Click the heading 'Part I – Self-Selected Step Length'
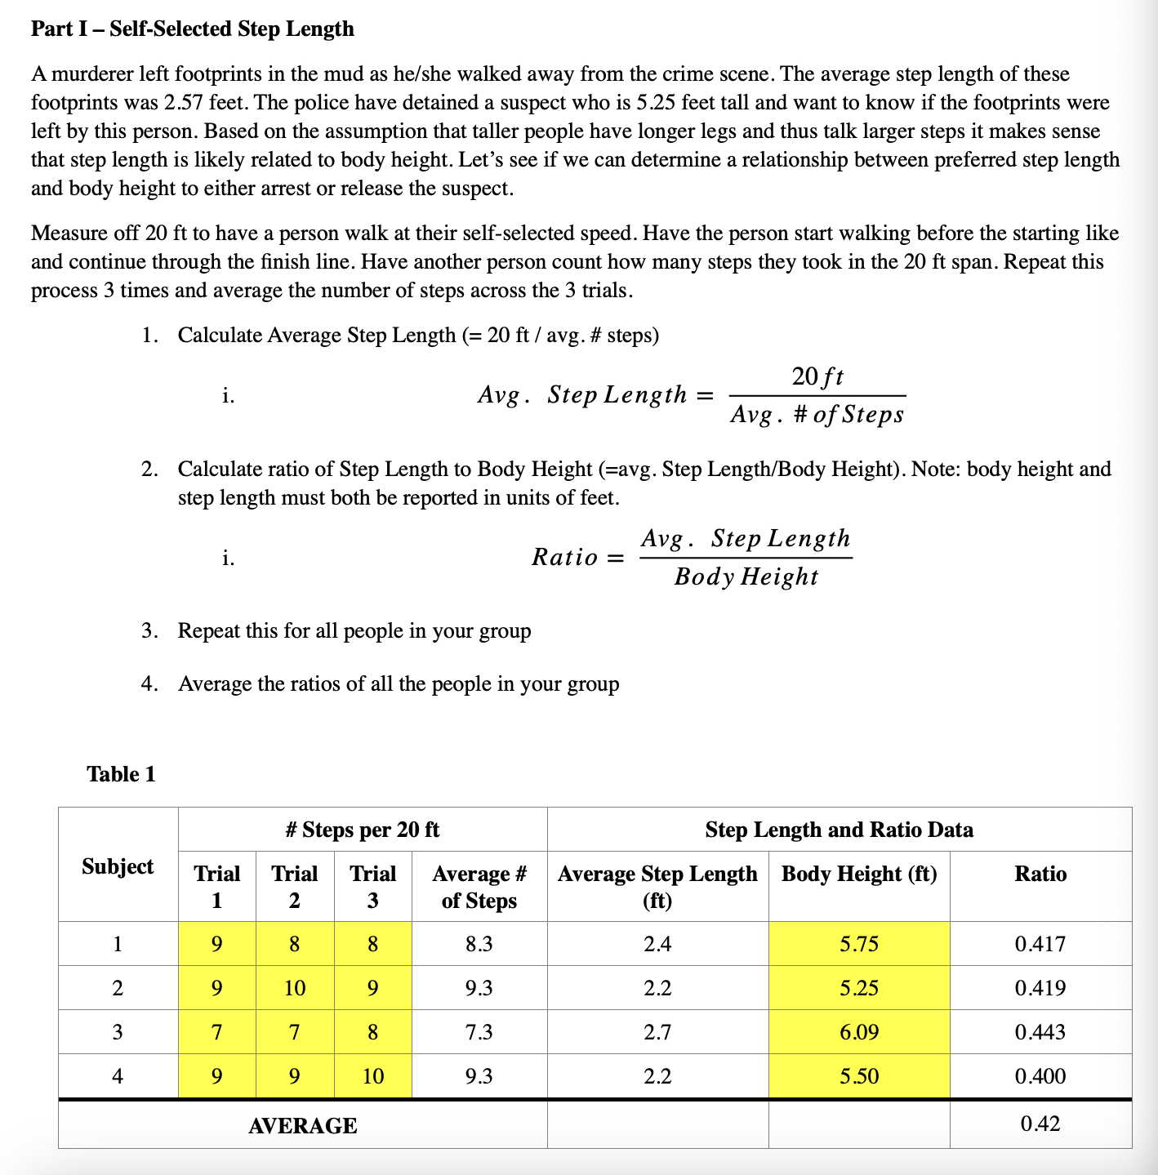coord(193,29)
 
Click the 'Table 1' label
coord(121,774)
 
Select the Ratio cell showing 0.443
coord(1040,1032)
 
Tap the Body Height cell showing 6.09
coord(859,1032)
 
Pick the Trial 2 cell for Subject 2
coord(294,988)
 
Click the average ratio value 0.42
coord(1040,1124)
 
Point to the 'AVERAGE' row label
coord(302,1126)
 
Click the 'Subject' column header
coord(118,866)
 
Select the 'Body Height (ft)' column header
coord(859,874)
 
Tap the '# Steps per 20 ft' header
coord(362,830)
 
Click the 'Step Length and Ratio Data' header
coord(839,830)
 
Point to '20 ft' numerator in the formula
coord(817,376)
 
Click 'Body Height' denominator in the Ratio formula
coord(746,576)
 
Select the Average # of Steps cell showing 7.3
coord(479,1032)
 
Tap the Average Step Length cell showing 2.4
coord(657,944)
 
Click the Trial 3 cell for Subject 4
coord(372,1076)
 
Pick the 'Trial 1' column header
coord(216,886)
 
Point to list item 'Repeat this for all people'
coord(354,631)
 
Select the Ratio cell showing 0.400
coord(1040,1076)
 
